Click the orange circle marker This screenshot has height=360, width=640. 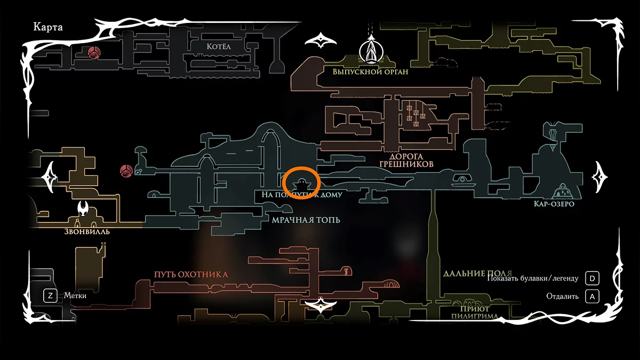click(302, 182)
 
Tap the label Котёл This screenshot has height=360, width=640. click(219, 47)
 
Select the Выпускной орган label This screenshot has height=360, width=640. click(370, 71)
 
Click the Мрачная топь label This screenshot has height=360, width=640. click(306, 220)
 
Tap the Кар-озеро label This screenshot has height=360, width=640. click(554, 204)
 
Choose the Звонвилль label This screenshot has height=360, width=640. click(86, 231)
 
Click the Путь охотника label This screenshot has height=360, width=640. click(191, 275)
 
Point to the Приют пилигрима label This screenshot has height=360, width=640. click(475, 313)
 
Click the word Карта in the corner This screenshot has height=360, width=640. click(48, 27)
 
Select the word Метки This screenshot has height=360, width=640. click(75, 295)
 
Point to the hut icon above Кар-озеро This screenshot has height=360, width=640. click(562, 191)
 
